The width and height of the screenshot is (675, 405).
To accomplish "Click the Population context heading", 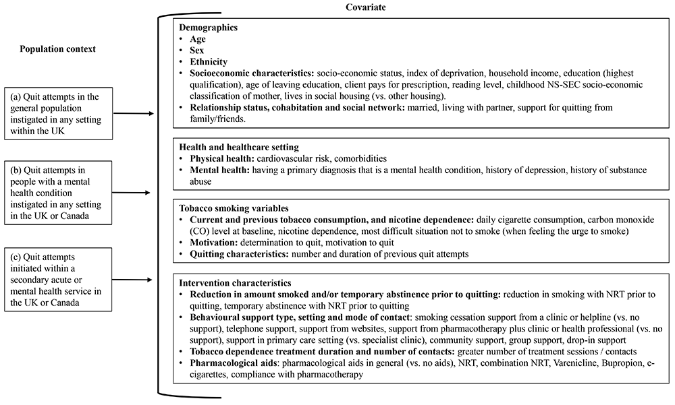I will [57, 49].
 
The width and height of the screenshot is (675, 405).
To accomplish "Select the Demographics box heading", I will [209, 29].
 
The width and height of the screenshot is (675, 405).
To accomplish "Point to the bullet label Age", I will [198, 40].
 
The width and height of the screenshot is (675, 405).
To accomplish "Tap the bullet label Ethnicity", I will [209, 61].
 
